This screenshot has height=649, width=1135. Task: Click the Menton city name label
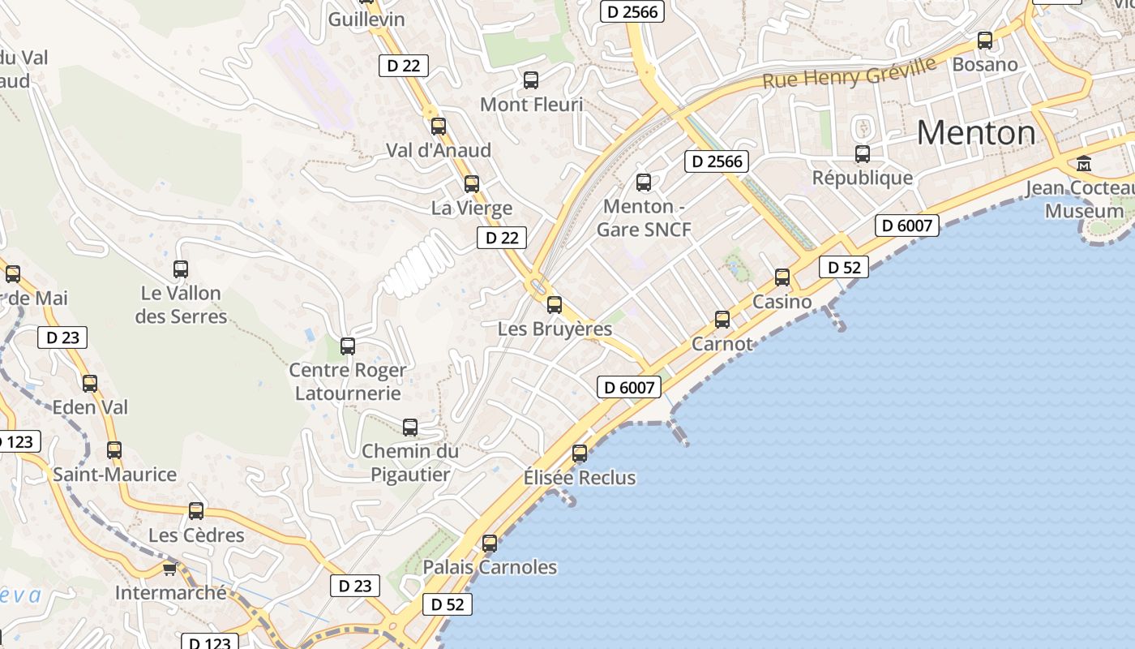coord(976,132)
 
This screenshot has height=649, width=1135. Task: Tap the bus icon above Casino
coord(782,277)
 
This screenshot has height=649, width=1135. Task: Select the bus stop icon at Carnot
coord(722,320)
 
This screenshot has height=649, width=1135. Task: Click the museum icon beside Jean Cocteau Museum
coord(1084,164)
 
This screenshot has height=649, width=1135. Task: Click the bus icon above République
coord(863,153)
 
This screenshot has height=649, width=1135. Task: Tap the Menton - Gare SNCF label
coord(645,218)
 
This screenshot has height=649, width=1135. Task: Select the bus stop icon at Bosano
coord(985,40)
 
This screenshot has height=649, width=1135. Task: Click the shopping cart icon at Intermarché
coord(169,569)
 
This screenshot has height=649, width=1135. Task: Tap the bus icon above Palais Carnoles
coord(490,544)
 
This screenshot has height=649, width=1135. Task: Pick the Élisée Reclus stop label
coord(580,478)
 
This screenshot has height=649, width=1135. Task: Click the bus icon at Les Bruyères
coord(555,305)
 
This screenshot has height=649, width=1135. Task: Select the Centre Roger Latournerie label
coord(348,381)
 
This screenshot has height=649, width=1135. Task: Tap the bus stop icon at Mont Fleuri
coord(531,80)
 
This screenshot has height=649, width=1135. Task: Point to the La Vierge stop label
coord(472,208)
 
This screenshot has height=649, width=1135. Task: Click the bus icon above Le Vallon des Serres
coord(181,269)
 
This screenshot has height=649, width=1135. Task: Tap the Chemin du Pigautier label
coord(410,462)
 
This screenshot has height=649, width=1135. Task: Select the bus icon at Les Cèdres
coord(196,511)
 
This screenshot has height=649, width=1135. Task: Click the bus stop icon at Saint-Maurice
coord(114,450)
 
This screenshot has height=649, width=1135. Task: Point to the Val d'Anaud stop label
coord(439,150)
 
